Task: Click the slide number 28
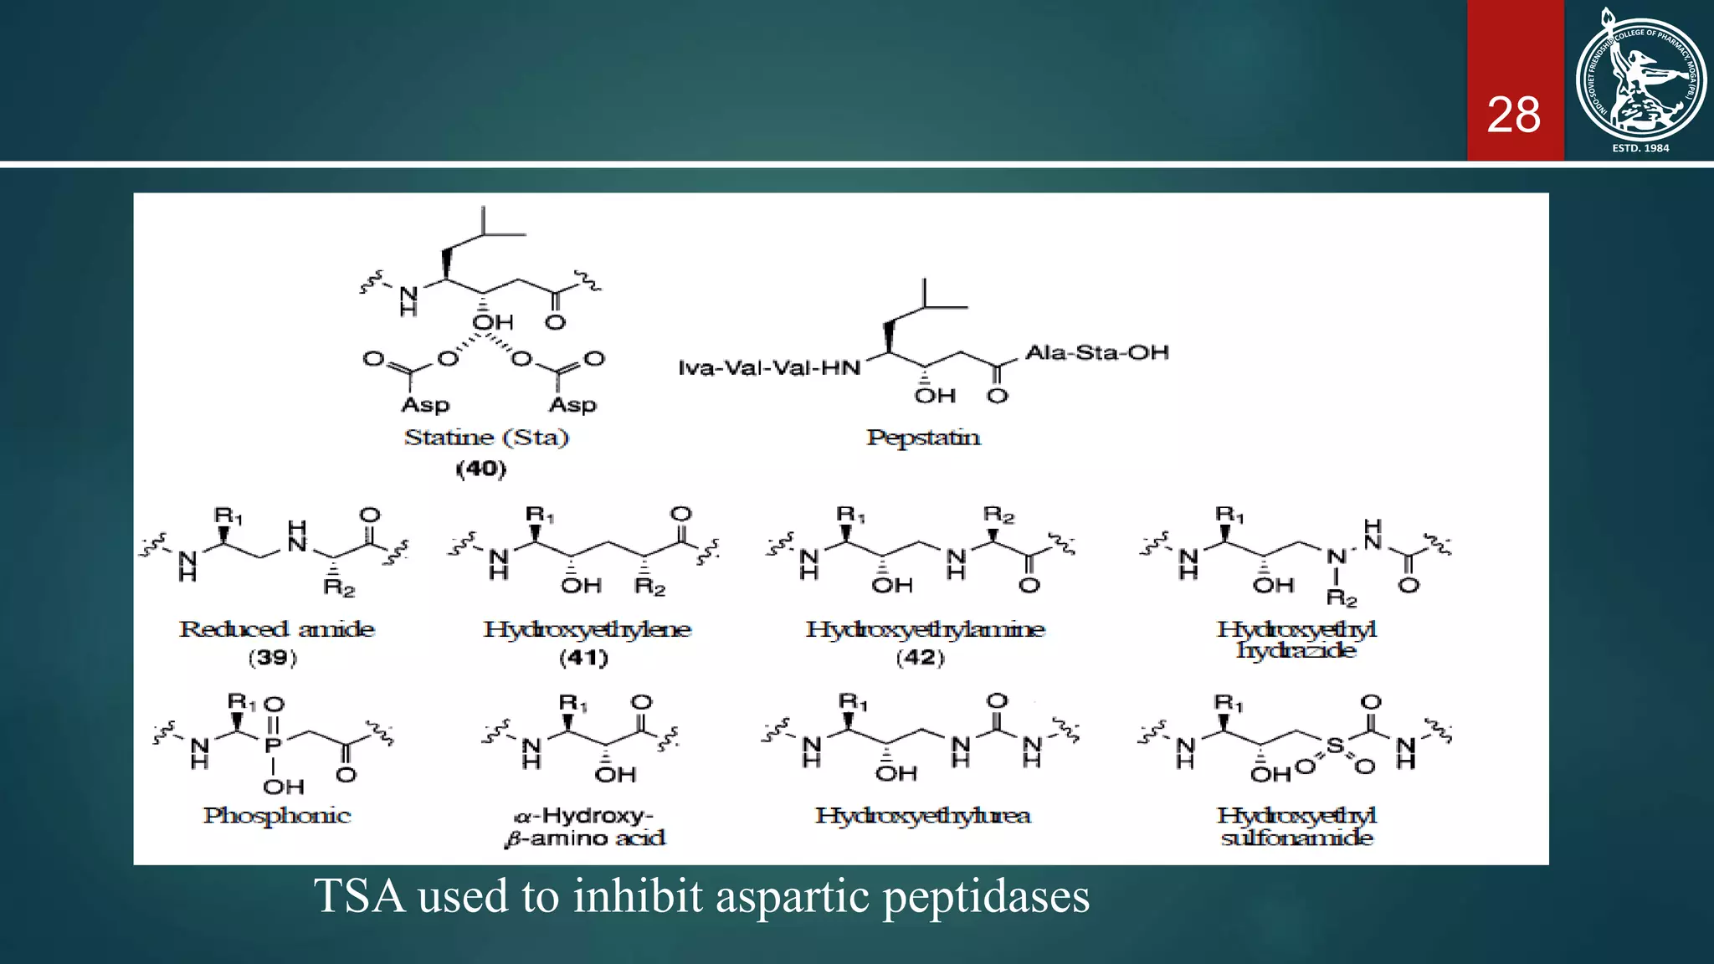tap(1513, 115)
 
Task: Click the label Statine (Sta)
tap(486, 437)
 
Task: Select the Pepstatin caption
tap(923, 437)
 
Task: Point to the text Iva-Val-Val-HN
tap(769, 368)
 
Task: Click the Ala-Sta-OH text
tap(1097, 352)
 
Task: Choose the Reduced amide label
tap(277, 628)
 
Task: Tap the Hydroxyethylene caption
tap(587, 628)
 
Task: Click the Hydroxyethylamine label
tap(925, 628)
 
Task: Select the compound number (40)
tap(481, 469)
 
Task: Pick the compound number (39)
tap(273, 658)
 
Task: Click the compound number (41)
tap(583, 658)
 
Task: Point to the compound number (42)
tap(920, 658)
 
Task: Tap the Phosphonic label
tap(277, 815)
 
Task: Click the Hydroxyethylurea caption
tap(922, 815)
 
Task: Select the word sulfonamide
tap(1296, 838)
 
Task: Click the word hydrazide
tap(1296, 650)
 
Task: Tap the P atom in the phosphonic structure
tap(273, 745)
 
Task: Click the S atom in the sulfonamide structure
tap(1335, 745)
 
